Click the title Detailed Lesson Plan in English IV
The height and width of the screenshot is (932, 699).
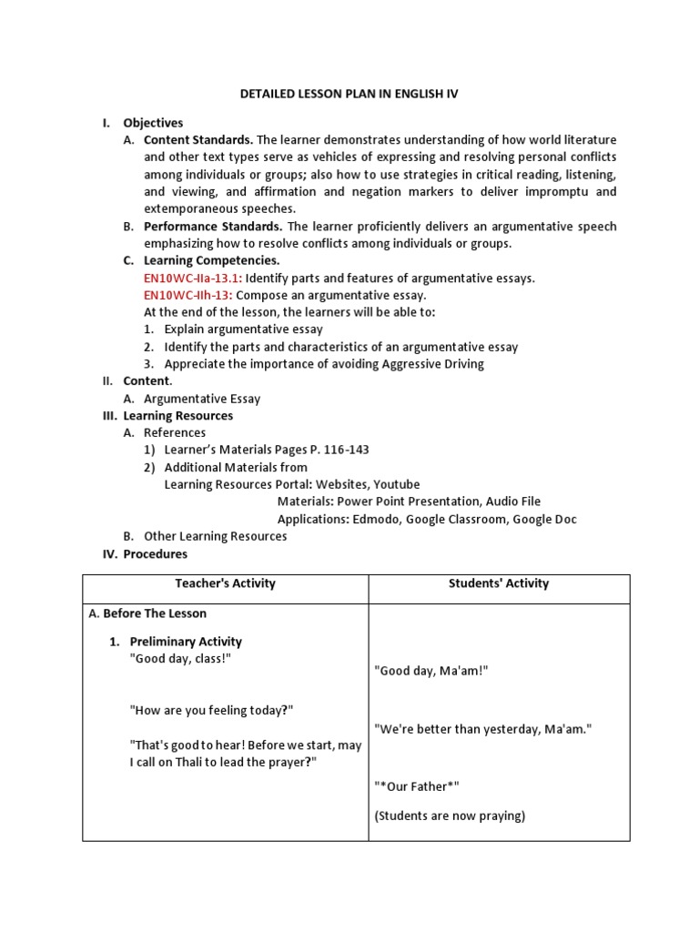pyautogui.click(x=349, y=93)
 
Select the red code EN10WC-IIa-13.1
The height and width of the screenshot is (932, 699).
pyautogui.click(x=192, y=279)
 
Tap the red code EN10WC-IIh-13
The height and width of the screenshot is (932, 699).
pyautogui.click(x=187, y=295)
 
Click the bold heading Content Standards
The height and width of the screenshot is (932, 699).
pyautogui.click(x=198, y=140)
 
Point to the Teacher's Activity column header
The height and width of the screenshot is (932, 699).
pyautogui.click(x=225, y=583)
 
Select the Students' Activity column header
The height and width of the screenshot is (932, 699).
pyautogui.click(x=498, y=583)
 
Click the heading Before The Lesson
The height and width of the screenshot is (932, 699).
pyautogui.click(x=154, y=613)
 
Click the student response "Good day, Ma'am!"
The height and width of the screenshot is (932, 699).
pyautogui.click(x=431, y=670)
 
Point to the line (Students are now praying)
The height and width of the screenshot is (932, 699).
pyautogui.click(x=450, y=815)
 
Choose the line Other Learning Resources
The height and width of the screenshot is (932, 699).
pyautogui.click(x=215, y=536)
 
